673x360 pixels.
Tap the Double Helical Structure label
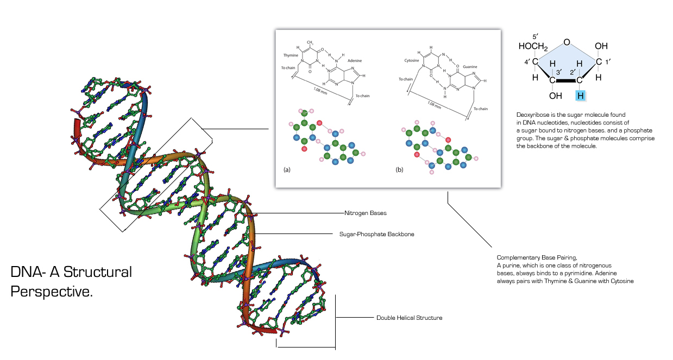coord(409,318)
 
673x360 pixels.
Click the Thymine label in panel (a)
coord(291,55)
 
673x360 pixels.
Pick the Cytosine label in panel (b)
coord(412,60)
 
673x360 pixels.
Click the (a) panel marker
coord(287,170)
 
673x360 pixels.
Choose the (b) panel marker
coord(400,170)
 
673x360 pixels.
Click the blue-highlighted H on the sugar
coord(581,96)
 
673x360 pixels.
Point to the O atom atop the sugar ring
coord(567,42)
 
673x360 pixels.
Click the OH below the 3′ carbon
coord(555,96)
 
